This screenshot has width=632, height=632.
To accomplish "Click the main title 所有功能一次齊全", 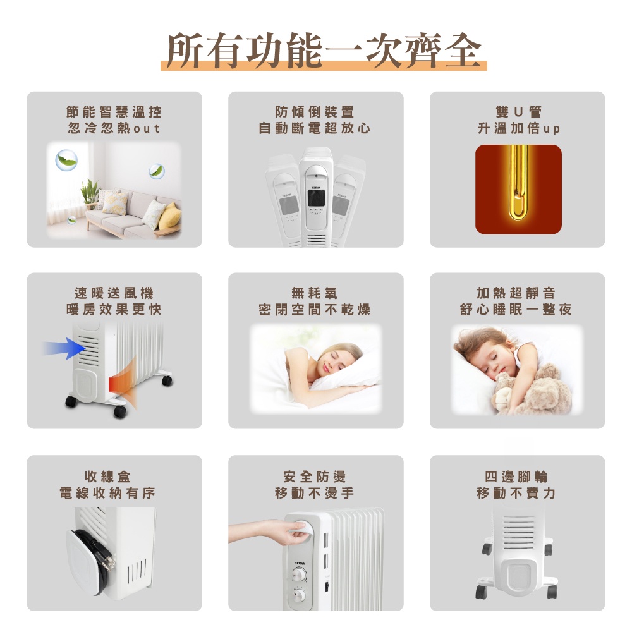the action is [324, 51].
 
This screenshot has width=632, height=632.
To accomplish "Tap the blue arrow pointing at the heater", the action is [64, 348].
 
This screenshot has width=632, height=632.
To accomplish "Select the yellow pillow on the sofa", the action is [169, 216].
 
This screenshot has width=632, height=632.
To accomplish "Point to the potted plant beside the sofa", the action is [90, 193].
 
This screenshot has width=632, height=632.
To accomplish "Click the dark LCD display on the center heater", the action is [315, 198].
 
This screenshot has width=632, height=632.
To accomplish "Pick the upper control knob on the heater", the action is [299, 574].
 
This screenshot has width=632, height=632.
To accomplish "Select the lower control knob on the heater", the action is [299, 595].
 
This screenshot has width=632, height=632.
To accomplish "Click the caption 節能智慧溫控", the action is [114, 112].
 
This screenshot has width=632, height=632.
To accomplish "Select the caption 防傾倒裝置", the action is [315, 112].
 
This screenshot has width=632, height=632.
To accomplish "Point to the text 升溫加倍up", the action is [518, 128].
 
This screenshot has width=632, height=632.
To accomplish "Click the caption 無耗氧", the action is [314, 293].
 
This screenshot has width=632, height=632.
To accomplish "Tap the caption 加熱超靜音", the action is [516, 293].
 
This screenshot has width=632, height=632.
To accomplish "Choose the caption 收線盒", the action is [107, 477].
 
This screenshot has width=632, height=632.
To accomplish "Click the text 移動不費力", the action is [516, 493].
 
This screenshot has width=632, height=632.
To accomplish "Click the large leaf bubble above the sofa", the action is [66, 160].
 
